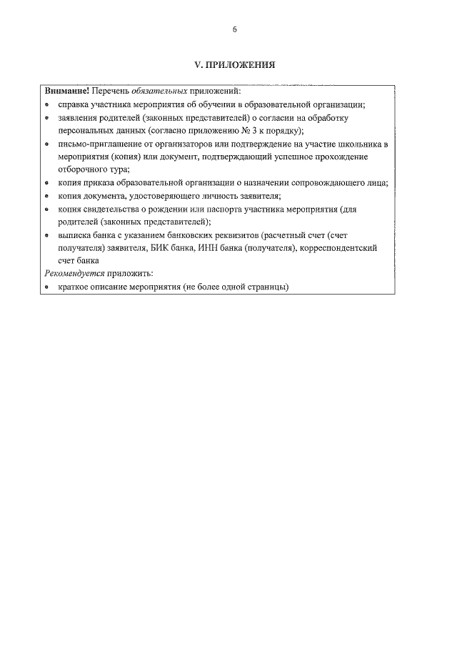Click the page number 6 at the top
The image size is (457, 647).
point(234,30)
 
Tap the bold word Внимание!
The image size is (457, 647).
point(67,92)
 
